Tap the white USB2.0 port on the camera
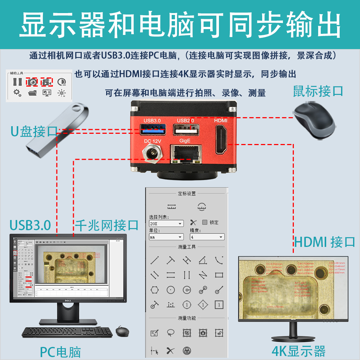pos(186,130)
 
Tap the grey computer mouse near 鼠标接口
pos(315,119)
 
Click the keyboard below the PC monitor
pos(67,332)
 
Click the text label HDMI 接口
pos(324,241)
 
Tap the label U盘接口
pos(34,132)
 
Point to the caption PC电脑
pos(60,352)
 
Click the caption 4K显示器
pos(299,351)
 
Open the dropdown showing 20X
pos(166,224)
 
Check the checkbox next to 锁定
pos(205,222)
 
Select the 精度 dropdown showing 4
pos(207,237)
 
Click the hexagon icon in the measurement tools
pos(155,290)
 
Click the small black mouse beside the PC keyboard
pos(122,331)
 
